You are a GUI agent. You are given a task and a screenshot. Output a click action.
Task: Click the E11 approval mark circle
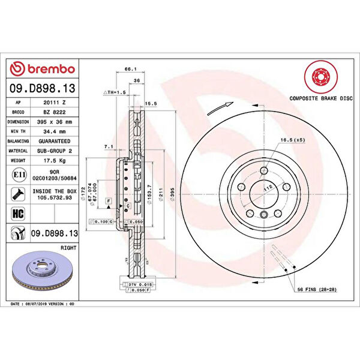(18, 175)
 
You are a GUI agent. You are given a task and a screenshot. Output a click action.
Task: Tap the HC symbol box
(18, 213)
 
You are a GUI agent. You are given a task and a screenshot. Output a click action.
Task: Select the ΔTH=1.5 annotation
(115, 93)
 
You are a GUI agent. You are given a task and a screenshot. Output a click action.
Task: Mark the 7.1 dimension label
(109, 146)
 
